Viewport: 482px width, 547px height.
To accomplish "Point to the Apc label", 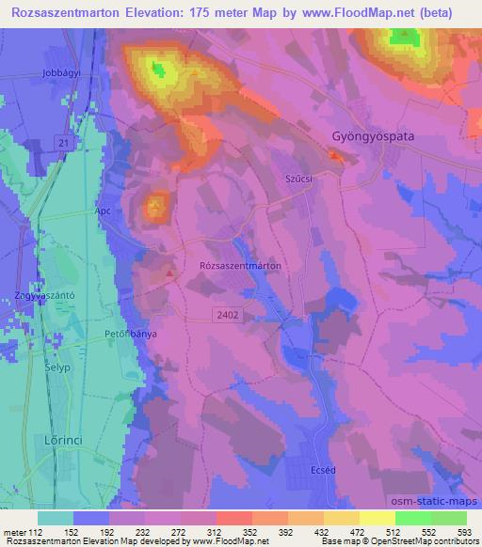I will coord(103,211).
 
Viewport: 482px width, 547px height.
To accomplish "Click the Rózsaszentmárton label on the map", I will coord(241,266).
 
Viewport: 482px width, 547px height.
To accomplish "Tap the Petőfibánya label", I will coord(129,333).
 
